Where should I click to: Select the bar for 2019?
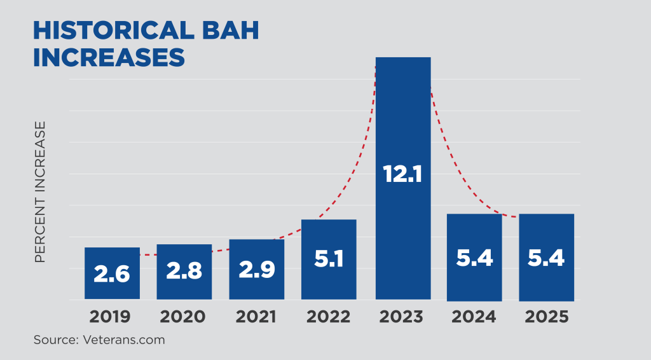point(112,258)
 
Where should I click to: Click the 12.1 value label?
point(403,174)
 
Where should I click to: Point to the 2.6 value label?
point(112,274)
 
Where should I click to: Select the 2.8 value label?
point(184,271)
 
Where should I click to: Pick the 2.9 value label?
point(257,269)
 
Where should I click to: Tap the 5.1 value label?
point(329,259)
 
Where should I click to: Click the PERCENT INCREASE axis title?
point(41,191)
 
